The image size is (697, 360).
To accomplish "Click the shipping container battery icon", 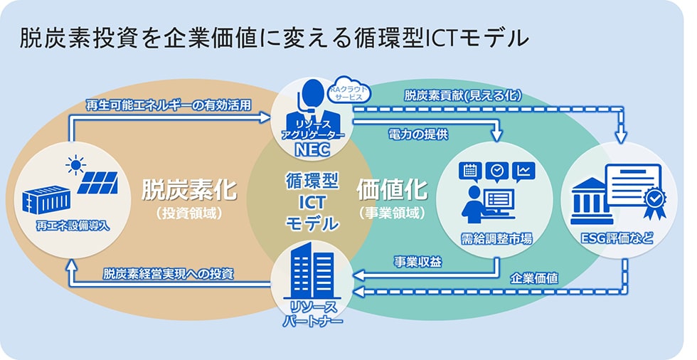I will pyautogui.click(x=47, y=198).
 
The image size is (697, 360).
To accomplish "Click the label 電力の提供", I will pyautogui.click(x=417, y=133).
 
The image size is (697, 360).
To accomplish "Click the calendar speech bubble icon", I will pyautogui.click(x=470, y=171).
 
